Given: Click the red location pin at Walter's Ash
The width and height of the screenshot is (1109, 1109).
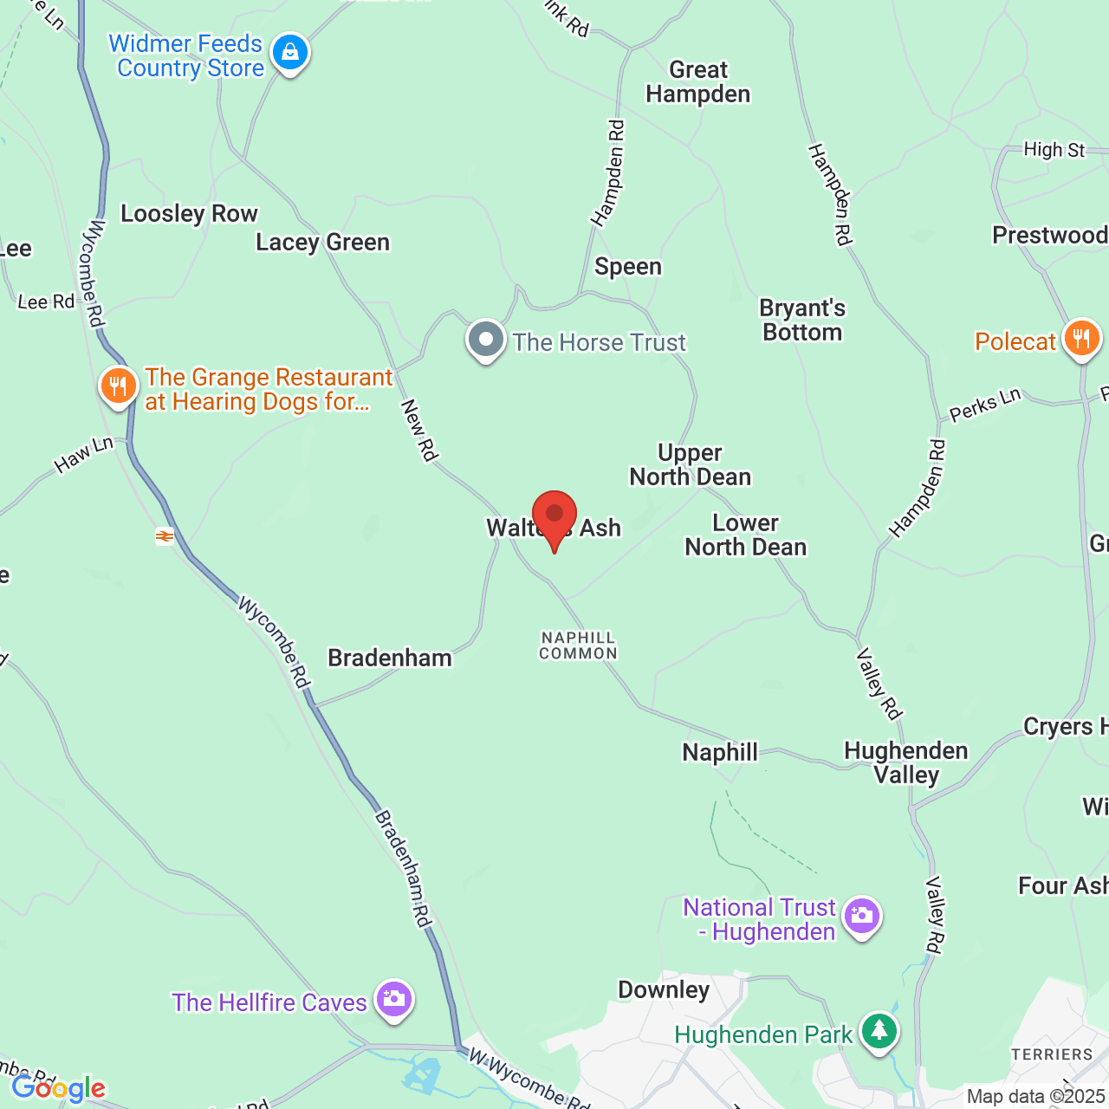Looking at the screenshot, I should click(x=554, y=516).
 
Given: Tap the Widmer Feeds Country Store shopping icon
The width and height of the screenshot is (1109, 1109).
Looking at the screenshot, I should click(x=289, y=54).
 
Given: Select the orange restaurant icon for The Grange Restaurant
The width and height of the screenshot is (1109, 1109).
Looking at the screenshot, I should click(x=119, y=386).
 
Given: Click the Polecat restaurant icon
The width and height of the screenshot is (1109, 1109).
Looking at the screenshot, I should click(x=1081, y=339).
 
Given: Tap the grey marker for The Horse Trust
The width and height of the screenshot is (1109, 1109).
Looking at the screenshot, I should click(x=485, y=340).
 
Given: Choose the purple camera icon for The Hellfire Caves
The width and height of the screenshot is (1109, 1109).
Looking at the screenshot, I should click(x=394, y=1000).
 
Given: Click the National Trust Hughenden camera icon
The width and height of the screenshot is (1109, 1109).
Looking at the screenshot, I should click(x=861, y=916).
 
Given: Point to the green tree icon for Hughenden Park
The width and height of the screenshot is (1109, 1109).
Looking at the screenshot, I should click(x=879, y=1031).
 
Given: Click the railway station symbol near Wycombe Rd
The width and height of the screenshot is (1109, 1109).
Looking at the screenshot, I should click(x=165, y=536).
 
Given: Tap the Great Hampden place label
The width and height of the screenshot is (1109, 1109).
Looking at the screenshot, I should click(x=698, y=82).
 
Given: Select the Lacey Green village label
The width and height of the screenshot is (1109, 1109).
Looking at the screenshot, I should click(x=322, y=243).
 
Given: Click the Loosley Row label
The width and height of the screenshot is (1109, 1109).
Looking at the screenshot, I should click(x=189, y=214).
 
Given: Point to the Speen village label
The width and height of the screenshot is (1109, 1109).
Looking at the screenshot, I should click(x=628, y=267).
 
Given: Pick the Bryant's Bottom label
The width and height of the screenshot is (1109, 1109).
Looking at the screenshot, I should click(x=802, y=321).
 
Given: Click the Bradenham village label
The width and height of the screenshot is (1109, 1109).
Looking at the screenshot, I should click(x=390, y=658).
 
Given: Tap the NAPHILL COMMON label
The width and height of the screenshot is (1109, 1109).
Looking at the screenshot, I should click(x=578, y=645).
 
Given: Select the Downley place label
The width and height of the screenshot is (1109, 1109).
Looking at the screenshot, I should click(x=664, y=990).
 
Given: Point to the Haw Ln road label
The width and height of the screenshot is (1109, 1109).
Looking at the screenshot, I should click(x=84, y=455).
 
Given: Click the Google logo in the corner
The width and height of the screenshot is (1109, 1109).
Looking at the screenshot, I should click(x=58, y=1088).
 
